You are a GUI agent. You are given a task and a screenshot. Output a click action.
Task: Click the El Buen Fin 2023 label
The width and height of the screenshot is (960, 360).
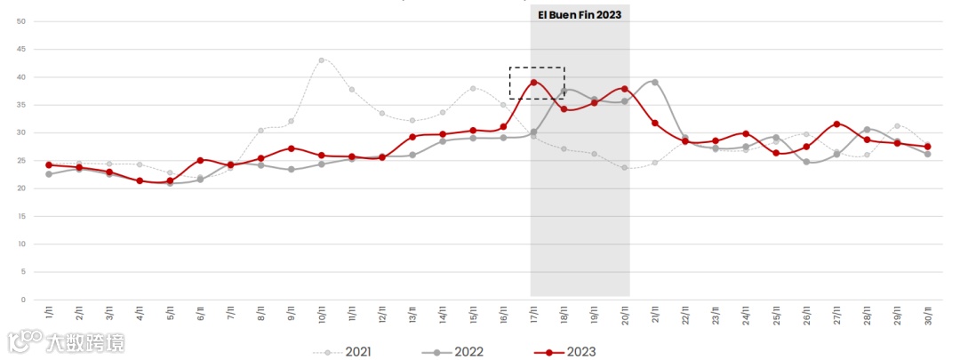pyautogui.click(x=580, y=15)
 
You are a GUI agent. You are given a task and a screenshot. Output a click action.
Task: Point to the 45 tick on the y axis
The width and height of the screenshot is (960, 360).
pyautogui.click(x=21, y=49)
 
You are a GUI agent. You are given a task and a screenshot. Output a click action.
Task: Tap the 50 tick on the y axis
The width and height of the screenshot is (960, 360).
pyautogui.click(x=21, y=21)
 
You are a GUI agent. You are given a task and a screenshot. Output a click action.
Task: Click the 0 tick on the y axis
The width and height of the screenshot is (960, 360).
pyautogui.click(x=24, y=300)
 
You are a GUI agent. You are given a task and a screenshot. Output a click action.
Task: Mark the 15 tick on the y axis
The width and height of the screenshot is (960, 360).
pyautogui.click(x=21, y=216)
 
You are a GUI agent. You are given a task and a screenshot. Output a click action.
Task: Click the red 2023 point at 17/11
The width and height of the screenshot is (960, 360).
pyautogui.click(x=533, y=83)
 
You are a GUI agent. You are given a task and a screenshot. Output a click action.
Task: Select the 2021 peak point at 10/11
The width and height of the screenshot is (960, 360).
pyautogui.click(x=321, y=60)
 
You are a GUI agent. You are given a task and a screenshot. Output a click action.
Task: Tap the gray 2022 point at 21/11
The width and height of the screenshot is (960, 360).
pyautogui.click(x=655, y=82)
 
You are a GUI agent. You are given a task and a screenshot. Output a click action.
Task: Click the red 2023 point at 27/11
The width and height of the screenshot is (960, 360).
pyautogui.click(x=836, y=124)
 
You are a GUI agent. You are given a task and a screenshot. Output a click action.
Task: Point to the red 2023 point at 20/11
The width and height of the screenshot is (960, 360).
pyautogui.click(x=625, y=89)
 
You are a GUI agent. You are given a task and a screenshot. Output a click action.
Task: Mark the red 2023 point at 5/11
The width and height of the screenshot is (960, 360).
pyautogui.click(x=170, y=180)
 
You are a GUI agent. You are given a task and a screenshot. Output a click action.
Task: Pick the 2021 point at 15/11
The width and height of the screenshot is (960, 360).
pyautogui.click(x=473, y=88)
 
